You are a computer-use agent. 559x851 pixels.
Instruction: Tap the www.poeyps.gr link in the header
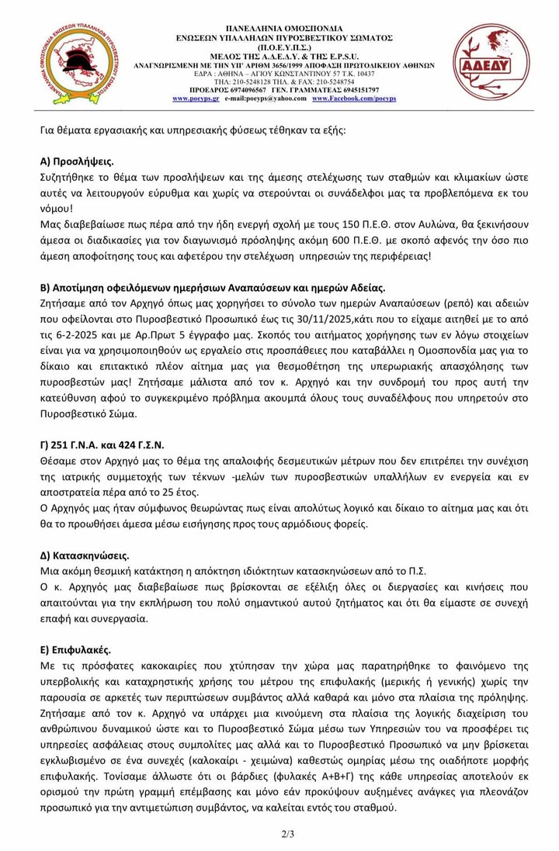pyautogui.click(x=195, y=99)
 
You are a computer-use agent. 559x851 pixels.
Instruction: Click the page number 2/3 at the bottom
pyautogui.click(x=286, y=834)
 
